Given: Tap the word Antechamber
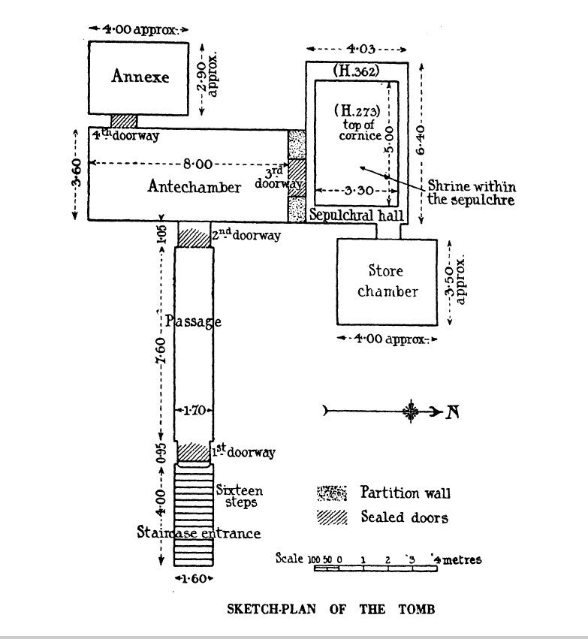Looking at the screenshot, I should (x=194, y=188).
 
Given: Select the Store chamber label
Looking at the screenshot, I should (x=386, y=281).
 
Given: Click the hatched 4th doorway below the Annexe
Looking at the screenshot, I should (x=124, y=120).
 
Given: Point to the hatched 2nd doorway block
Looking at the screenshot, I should (x=193, y=236).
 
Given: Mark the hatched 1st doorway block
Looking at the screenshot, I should (x=192, y=452).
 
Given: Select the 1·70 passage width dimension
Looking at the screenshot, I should (x=194, y=411).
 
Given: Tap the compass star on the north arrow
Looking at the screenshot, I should (x=411, y=411).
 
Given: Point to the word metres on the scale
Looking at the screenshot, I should (x=460, y=559).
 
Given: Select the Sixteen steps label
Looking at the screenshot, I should (x=240, y=496).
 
